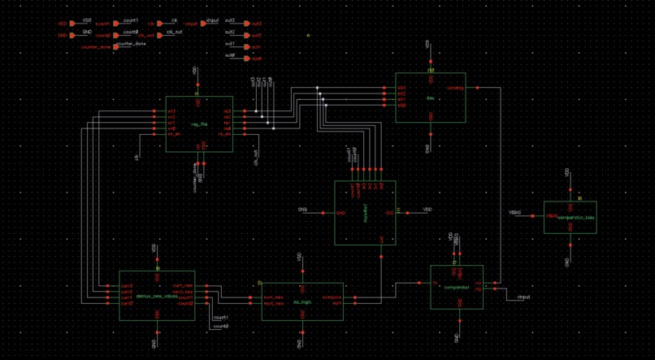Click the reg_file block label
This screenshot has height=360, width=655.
point(199,124)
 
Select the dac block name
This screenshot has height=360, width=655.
point(430,99)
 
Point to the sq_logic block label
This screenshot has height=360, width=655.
point(302,301)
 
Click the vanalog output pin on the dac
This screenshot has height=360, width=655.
point(476,87)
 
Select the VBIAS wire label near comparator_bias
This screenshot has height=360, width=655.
point(515,213)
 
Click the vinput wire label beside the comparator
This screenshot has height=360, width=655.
point(523,297)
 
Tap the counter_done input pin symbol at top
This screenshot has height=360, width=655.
point(116,47)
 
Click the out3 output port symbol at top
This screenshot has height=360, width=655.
point(247,24)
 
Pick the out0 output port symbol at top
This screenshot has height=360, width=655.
point(247,59)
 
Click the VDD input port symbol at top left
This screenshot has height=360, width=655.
point(72,24)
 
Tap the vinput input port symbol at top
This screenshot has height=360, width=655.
point(203,24)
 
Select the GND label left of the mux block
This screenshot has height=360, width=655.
point(302,210)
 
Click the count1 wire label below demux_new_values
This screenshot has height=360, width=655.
point(221,318)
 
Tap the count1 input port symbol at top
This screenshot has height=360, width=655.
point(116,24)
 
